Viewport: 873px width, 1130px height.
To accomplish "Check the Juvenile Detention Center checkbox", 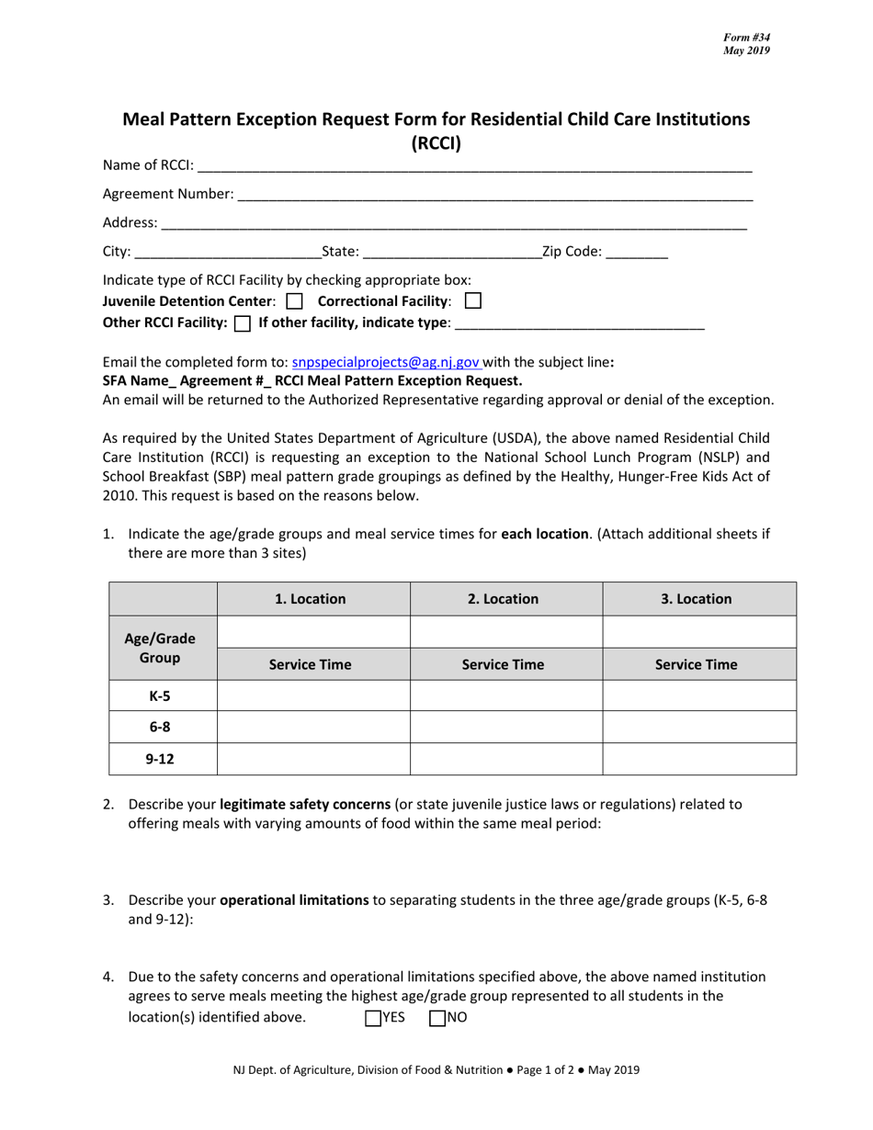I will [x=294, y=300].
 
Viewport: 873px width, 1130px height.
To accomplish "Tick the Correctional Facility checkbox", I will [x=473, y=300].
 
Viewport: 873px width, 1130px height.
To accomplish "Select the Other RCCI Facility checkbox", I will [x=243, y=322].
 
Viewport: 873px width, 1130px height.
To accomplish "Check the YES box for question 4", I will [x=373, y=1017].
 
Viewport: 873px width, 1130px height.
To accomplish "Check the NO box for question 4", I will [x=437, y=1017].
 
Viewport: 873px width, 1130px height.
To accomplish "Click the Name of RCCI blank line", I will [x=474, y=166].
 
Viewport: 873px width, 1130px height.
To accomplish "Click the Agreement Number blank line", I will [x=494, y=195].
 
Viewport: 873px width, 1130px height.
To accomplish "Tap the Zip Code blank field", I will [x=637, y=252].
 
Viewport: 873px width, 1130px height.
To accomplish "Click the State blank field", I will [x=452, y=252].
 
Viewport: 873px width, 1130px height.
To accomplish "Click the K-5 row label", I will [x=160, y=696].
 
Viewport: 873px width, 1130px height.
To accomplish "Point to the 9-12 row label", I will [x=160, y=759].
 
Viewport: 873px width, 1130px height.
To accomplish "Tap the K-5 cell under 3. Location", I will [x=698, y=696].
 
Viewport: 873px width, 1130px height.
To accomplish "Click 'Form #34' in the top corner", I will [x=746, y=37].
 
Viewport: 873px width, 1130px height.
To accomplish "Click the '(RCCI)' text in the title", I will [x=436, y=142].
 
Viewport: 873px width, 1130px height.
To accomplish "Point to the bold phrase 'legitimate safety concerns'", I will [x=305, y=804].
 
